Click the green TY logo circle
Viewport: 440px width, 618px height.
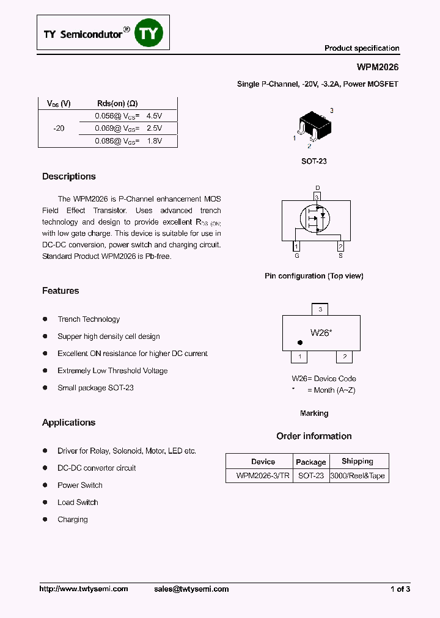[149, 34]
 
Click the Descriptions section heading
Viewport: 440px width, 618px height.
[69, 176]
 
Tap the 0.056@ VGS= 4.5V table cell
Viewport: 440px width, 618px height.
[128, 115]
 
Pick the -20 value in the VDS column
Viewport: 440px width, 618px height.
[59, 128]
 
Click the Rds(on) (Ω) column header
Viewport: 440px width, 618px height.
[117, 103]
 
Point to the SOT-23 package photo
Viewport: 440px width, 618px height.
[312, 127]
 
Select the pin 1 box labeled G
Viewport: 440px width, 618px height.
[297, 246]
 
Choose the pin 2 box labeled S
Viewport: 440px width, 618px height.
[340, 246]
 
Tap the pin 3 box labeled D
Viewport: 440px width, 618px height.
[317, 197]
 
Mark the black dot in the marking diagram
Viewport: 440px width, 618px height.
[299, 343]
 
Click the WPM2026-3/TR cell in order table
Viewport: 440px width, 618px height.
[263, 476]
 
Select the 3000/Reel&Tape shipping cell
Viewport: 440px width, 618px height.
[358, 476]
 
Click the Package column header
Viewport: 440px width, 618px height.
[310, 462]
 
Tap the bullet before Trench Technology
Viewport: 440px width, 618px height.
[45, 319]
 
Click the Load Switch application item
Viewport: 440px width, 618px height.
[78, 502]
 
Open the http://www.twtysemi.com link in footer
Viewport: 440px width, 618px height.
[84, 589]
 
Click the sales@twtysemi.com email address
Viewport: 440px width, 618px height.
[191, 589]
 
